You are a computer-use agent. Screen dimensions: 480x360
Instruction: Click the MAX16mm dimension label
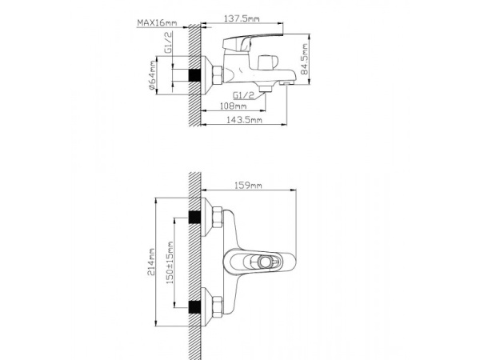157,22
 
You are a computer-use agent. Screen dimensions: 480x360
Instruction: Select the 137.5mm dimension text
242,18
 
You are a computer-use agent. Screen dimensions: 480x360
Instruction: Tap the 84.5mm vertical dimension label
304,59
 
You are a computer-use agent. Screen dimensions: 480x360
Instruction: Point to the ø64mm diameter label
152,76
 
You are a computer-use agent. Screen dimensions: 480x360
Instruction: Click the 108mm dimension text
234,106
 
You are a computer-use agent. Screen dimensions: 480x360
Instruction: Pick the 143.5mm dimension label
244,120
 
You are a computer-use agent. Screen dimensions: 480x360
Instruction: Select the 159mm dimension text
248,186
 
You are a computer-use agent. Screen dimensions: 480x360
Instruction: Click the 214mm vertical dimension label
151,262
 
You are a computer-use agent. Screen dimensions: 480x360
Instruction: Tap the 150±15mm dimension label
170,262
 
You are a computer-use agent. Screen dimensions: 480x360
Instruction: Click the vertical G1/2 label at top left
168,42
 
